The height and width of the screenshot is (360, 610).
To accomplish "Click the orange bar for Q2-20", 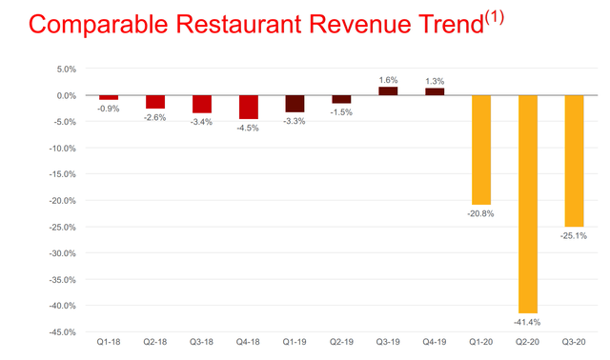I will [528, 204].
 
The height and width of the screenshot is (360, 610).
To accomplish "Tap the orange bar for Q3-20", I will [575, 161].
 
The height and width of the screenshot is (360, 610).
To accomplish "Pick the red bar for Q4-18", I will [249, 107].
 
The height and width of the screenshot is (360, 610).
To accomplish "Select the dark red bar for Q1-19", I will [295, 104].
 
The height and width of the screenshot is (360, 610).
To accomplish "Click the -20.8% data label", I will [481, 213].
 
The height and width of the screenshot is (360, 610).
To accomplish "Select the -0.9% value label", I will [109, 109].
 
